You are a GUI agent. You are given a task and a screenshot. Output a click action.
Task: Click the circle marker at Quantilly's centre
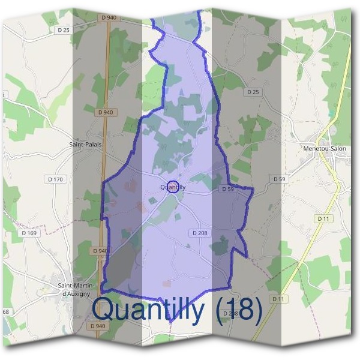(x=173, y=187)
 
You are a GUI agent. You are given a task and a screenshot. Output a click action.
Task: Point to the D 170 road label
(x=55, y=179)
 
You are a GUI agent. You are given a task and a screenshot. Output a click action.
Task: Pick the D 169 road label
(x=28, y=233)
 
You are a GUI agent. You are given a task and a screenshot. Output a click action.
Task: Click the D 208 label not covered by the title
(x=200, y=232)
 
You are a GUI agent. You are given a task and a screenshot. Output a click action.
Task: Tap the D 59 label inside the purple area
(x=227, y=189)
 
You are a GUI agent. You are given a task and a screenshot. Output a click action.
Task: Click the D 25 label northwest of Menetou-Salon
(x=253, y=92)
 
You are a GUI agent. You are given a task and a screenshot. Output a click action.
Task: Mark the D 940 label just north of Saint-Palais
(x=104, y=112)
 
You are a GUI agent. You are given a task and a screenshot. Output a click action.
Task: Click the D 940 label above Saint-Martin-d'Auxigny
(x=101, y=250)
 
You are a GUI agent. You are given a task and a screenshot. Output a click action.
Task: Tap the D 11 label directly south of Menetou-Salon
(x=323, y=219)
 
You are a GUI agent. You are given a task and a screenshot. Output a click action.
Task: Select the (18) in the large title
(x=240, y=310)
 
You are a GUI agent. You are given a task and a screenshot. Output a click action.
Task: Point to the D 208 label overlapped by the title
(x=230, y=313)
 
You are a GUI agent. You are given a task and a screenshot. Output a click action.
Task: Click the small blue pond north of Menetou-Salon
(x=329, y=112)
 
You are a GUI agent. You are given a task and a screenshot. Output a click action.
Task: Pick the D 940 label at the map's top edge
(x=109, y=18)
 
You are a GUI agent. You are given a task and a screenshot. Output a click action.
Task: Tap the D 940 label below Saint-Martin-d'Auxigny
(x=97, y=326)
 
